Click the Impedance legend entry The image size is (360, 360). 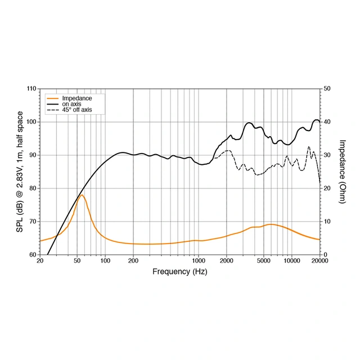[76, 98]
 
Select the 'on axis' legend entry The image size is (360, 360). [71, 104]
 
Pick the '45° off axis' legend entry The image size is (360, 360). [76, 110]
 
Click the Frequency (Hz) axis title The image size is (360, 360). [179, 271]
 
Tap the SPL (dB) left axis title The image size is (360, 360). [20, 172]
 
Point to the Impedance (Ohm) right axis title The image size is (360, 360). [343, 172]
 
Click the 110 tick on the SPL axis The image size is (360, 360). [31, 89]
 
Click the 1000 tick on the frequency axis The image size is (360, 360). [198, 261]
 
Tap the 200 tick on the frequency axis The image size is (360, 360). [133, 261]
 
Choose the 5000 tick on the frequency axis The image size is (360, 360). [263, 261]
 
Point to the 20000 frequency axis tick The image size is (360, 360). [319, 261]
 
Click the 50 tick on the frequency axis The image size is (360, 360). [77, 261]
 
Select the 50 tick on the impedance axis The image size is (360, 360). [327, 89]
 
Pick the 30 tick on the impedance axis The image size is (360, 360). [327, 155]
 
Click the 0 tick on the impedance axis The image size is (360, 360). [325, 255]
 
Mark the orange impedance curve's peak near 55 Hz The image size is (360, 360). [82, 195]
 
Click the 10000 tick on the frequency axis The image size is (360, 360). [291, 261]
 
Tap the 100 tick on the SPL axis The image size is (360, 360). [31, 122]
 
